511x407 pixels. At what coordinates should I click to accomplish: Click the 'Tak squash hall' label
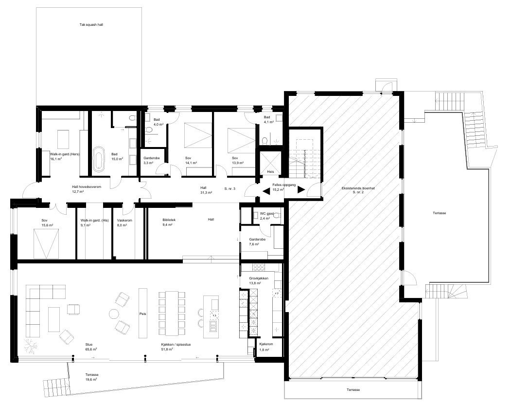pos(91,24)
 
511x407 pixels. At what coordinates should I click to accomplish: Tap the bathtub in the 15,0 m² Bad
pos(99,160)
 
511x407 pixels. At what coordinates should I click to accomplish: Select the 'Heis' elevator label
pos(270,172)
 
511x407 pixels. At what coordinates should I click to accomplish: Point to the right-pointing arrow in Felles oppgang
pos(301,190)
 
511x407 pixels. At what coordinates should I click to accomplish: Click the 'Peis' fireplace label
pos(142,314)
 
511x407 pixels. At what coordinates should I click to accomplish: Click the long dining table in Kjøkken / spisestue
pos(172,313)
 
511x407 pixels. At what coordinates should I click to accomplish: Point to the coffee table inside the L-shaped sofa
pos(53,319)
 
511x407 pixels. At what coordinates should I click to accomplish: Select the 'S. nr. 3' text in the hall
pos(230,188)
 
